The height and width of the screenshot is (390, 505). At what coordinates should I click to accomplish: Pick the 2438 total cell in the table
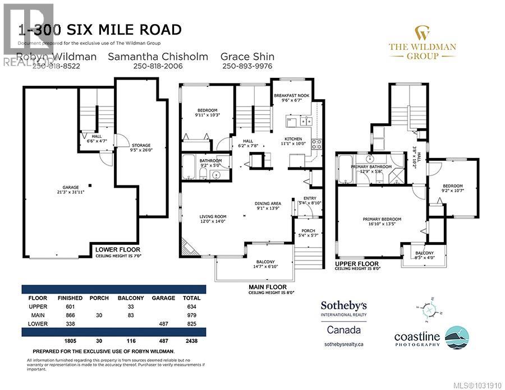(191, 340)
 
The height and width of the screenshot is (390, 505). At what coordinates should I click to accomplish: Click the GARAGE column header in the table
(163, 298)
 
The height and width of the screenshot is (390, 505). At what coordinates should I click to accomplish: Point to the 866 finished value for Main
(70, 315)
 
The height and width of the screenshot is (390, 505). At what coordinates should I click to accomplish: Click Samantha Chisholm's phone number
(158, 66)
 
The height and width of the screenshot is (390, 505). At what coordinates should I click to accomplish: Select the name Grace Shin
(247, 56)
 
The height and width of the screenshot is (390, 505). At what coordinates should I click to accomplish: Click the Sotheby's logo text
(343, 305)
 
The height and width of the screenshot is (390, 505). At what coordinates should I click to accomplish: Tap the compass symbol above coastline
(430, 312)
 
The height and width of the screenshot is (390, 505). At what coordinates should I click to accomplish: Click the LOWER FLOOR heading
(117, 249)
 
